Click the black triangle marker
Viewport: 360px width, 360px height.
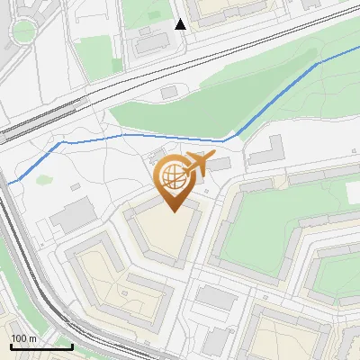[180, 24]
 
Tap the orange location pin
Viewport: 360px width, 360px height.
[175, 184]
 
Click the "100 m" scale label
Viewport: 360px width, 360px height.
[24, 337]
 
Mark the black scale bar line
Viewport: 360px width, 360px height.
[40, 346]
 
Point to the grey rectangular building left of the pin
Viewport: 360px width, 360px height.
[73, 215]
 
